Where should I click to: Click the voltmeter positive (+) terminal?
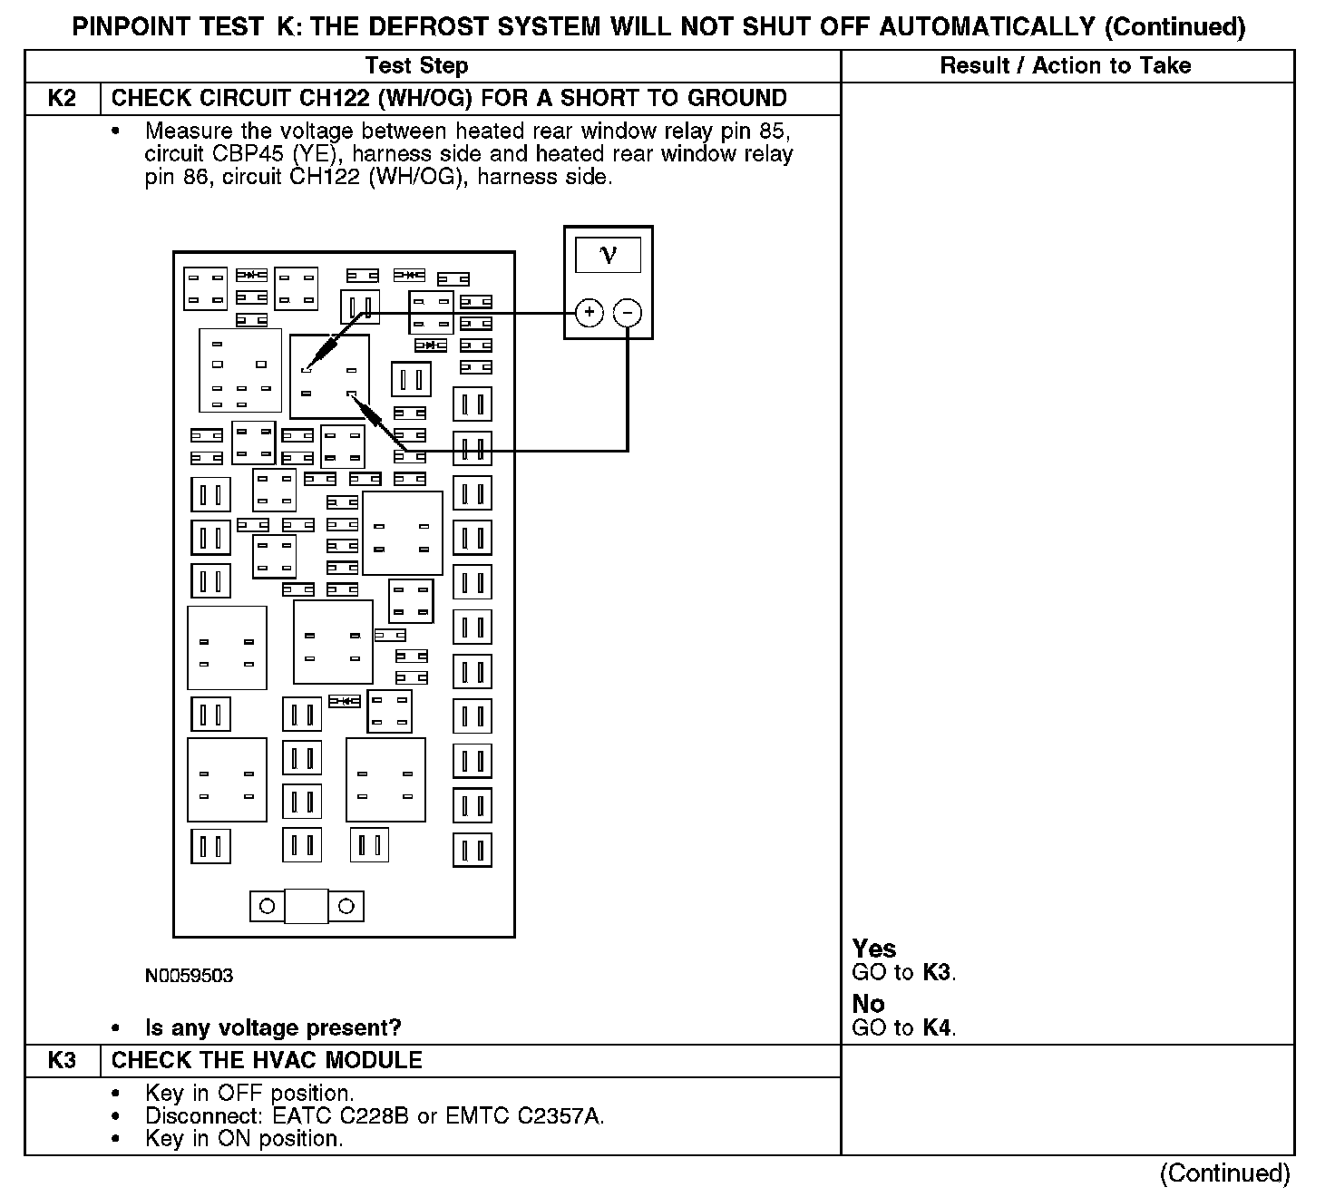pyautogui.click(x=590, y=313)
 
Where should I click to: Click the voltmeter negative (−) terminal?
pyautogui.click(x=628, y=313)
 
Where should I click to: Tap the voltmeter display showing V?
pyautogui.click(x=608, y=255)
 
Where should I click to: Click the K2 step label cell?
pyautogui.click(x=62, y=98)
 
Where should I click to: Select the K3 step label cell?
pyautogui.click(x=62, y=1060)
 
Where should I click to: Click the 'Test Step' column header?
pyautogui.click(x=416, y=65)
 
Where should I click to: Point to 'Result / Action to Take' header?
pyautogui.click(x=1065, y=65)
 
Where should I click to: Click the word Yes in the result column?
pyautogui.click(x=873, y=949)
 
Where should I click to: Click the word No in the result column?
pyautogui.click(x=868, y=1003)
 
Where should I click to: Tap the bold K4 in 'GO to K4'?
pyautogui.click(x=938, y=1027)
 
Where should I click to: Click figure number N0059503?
pyautogui.click(x=189, y=976)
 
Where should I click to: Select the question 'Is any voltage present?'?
pyautogui.click(x=273, y=1027)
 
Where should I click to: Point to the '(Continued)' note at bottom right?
pyautogui.click(x=1224, y=1173)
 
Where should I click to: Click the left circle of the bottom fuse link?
pyautogui.click(x=267, y=906)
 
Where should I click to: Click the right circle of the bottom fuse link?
pyautogui.click(x=346, y=906)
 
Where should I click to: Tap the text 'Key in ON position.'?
pyautogui.click(x=244, y=1139)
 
